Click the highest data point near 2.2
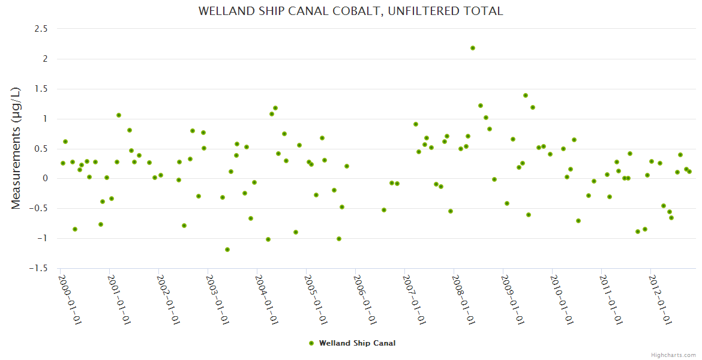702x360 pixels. pyautogui.click(x=473, y=48)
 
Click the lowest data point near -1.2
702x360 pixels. pyautogui.click(x=227, y=250)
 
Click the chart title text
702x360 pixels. pyautogui.click(x=350, y=11)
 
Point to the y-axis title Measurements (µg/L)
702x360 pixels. pyautogui.click(x=16, y=148)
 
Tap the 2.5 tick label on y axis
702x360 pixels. pyautogui.click(x=41, y=29)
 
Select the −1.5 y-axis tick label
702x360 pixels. pyautogui.click(x=38, y=268)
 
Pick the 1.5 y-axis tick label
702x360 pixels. pyautogui.click(x=41, y=89)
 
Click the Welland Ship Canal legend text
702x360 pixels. pyautogui.click(x=357, y=343)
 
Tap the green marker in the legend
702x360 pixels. pyautogui.click(x=311, y=343)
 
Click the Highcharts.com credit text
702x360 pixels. pyautogui.click(x=673, y=355)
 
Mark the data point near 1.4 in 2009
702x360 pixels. pyautogui.click(x=526, y=95)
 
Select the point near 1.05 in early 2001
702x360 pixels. pyautogui.click(x=119, y=115)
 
